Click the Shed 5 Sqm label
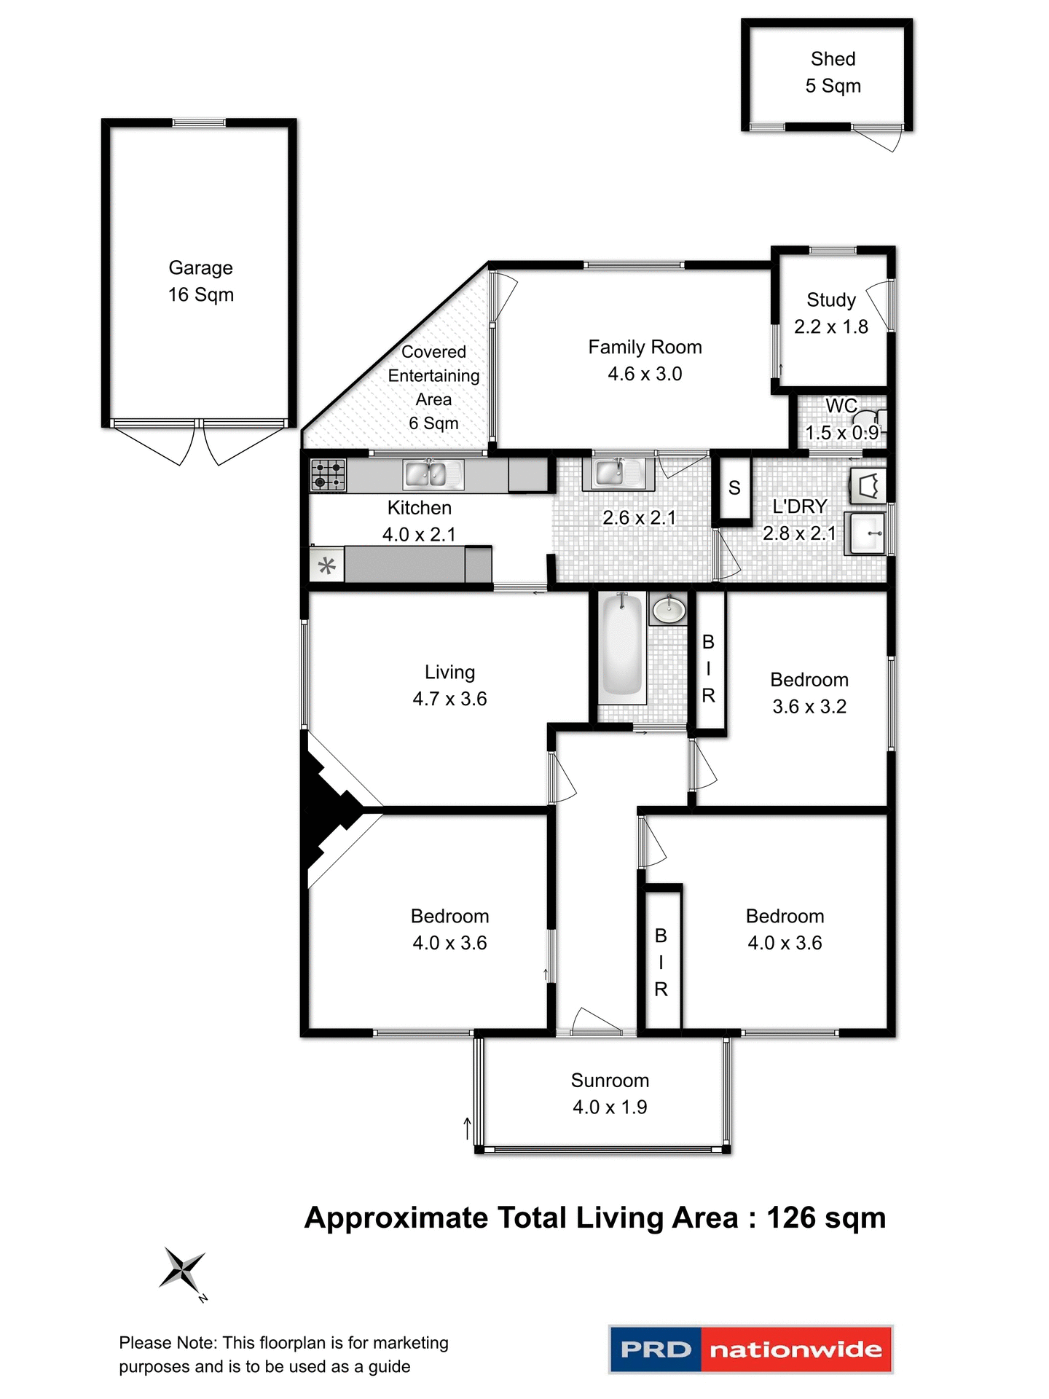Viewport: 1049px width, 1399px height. (x=833, y=72)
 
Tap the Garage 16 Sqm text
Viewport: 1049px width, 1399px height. (x=201, y=281)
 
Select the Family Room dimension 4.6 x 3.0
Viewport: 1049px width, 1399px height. (x=645, y=374)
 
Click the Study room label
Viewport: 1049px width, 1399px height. (x=831, y=300)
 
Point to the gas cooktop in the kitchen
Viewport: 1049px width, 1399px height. (x=329, y=475)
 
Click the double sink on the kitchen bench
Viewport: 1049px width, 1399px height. (x=433, y=475)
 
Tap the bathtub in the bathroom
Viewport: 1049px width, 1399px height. (x=622, y=645)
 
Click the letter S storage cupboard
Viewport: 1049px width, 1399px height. (x=734, y=488)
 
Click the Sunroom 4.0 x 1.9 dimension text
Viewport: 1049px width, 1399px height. (x=610, y=1107)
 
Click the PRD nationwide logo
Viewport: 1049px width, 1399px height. (x=750, y=1349)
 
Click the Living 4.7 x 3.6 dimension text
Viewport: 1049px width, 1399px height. (x=449, y=699)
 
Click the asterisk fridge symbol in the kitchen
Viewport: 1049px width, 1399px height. (x=327, y=565)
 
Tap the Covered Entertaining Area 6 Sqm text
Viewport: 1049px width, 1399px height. (x=433, y=387)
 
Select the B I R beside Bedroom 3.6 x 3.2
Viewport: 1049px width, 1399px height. (x=708, y=668)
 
